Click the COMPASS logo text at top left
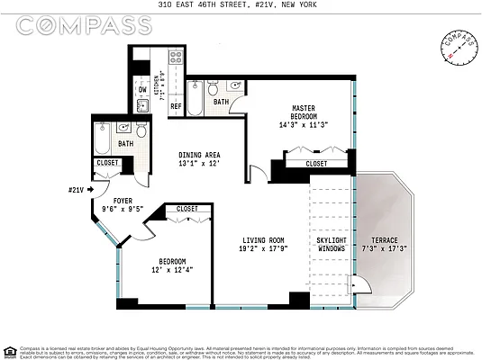(x=83, y=25)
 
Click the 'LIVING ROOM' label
(x=263, y=240)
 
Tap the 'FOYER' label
(x=123, y=201)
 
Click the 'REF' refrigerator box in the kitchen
(x=176, y=106)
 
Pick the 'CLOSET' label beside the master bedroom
(x=316, y=164)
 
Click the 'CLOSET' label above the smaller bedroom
(x=186, y=209)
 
